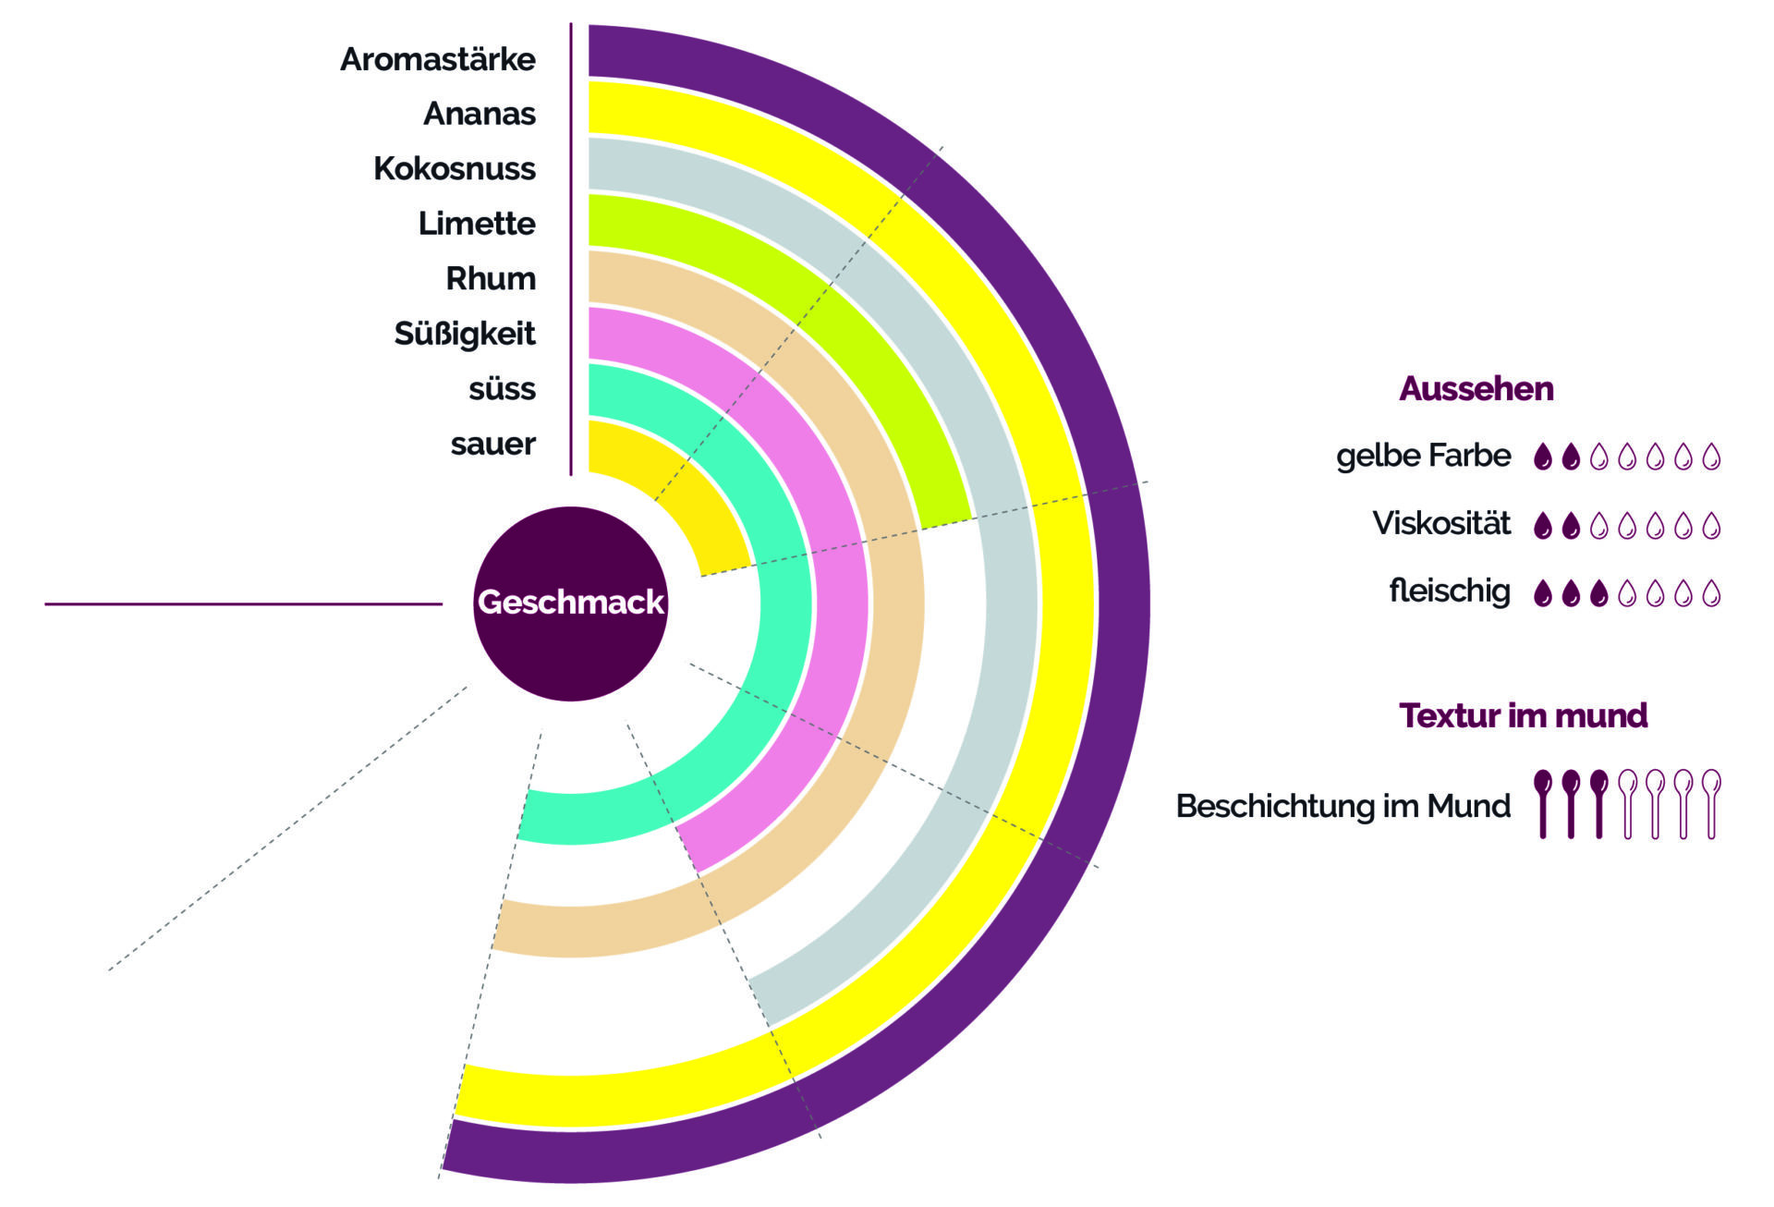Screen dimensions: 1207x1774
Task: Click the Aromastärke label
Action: point(438,59)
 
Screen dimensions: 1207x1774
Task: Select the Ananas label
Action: point(479,114)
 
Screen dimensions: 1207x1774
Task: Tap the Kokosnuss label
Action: point(454,169)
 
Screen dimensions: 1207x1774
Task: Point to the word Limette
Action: point(476,224)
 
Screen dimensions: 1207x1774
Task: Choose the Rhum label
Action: point(490,278)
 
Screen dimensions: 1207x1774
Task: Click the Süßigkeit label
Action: point(464,334)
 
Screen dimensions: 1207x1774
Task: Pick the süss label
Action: point(502,389)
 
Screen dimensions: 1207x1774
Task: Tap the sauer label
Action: point(492,444)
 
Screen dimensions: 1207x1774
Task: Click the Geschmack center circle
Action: point(570,603)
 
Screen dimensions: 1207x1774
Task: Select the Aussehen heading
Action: point(1476,389)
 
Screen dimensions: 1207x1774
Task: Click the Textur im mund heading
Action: point(1523,715)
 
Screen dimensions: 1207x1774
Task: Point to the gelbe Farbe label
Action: point(1423,456)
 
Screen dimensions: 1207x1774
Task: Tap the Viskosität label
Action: point(1440,524)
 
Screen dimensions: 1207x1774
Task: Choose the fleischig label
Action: point(1449,591)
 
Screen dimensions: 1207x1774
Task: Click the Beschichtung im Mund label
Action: point(1343,806)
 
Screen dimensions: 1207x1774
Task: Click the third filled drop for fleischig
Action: point(1599,593)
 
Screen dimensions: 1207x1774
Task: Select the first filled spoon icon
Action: point(1542,802)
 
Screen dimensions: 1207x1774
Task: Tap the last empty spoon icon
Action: point(1711,802)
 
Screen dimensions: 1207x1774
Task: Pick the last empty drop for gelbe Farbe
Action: point(1711,457)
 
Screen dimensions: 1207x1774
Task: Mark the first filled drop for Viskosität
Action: point(1542,526)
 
